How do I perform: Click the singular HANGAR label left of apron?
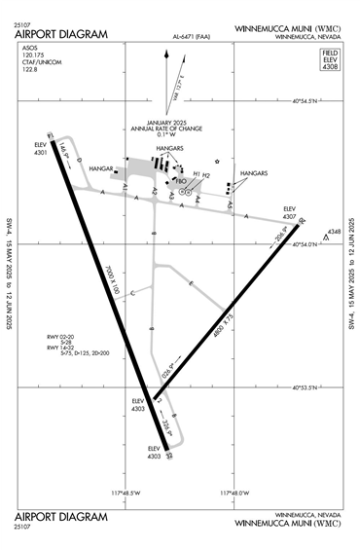(x=101, y=168)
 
